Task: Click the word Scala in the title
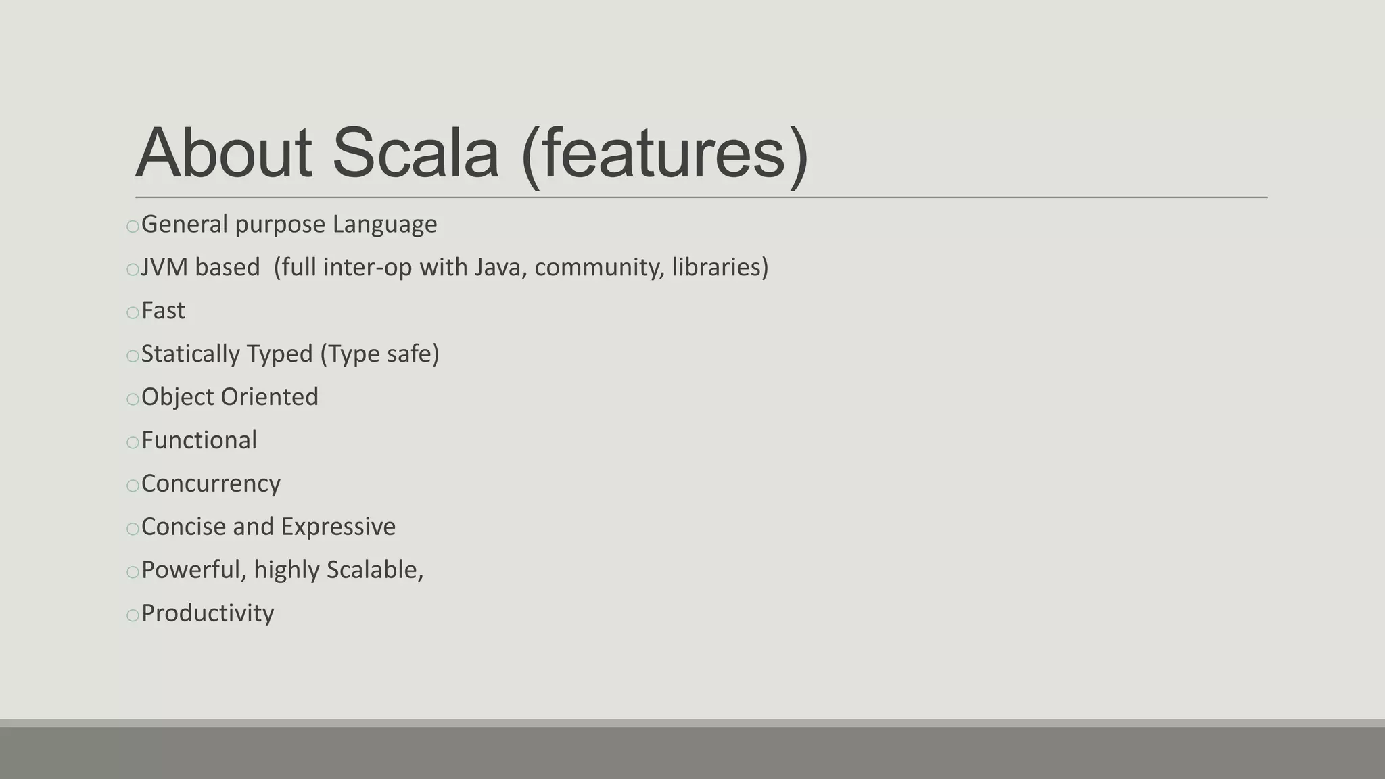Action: point(415,154)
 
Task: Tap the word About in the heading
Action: point(224,154)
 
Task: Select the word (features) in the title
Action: point(665,155)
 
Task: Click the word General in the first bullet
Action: point(185,225)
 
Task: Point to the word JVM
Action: point(164,268)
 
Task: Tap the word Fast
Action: point(163,311)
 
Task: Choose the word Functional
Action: point(199,441)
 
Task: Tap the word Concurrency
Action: point(210,484)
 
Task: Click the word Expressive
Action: point(338,527)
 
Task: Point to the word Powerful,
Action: point(193,571)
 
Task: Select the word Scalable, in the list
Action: point(375,571)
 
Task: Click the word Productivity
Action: point(208,614)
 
